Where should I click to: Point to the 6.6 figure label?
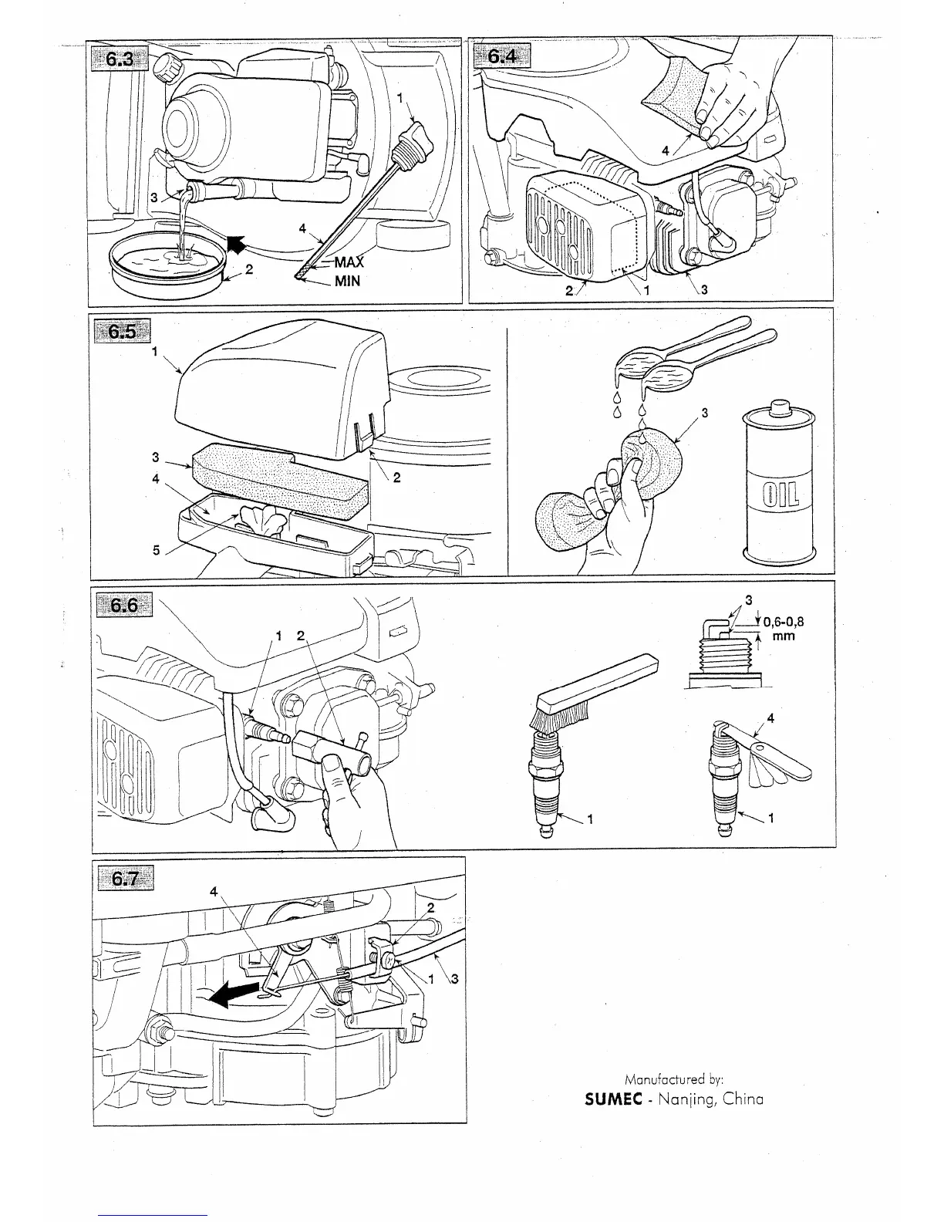coord(123,605)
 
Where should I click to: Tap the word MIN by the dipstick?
coord(347,282)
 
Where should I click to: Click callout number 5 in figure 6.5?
coord(156,551)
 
